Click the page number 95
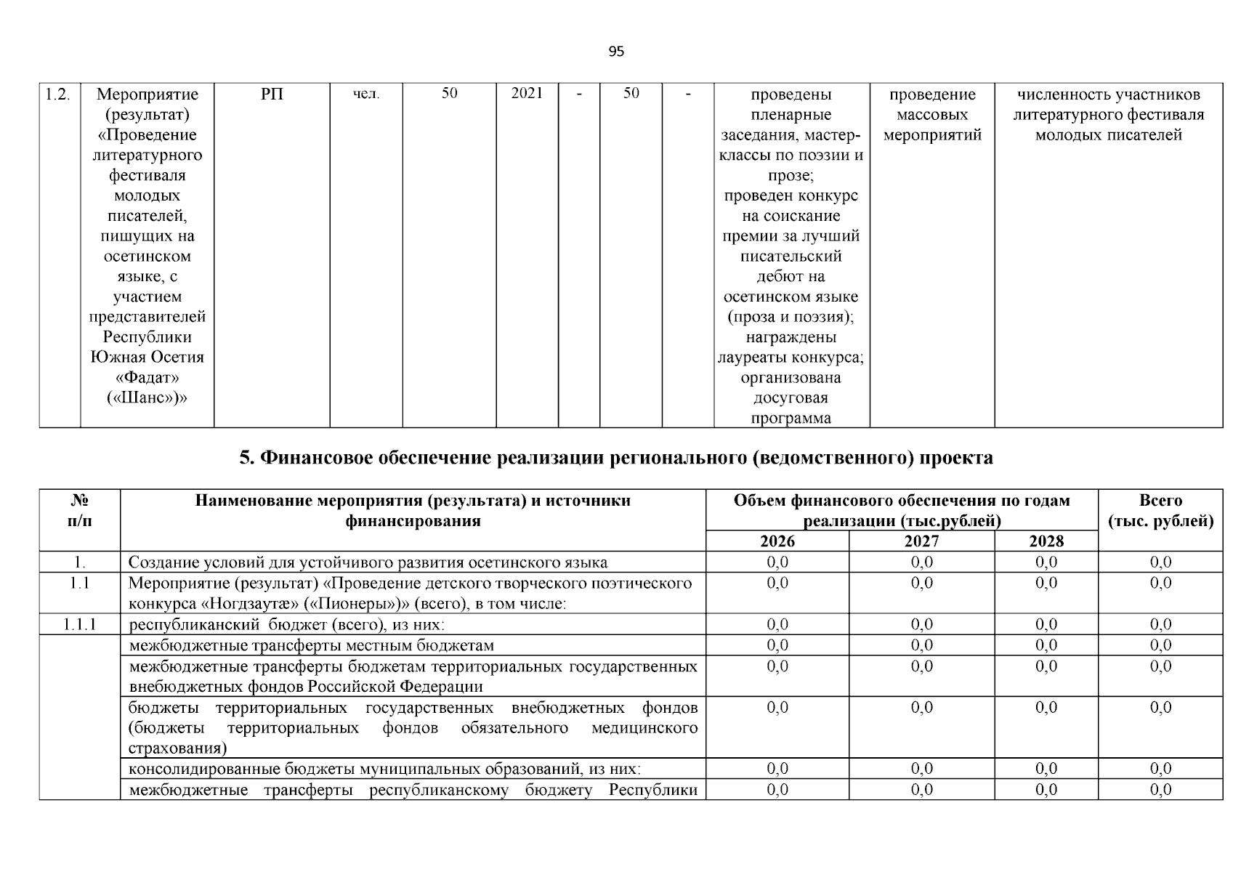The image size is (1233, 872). pyautogui.click(x=615, y=52)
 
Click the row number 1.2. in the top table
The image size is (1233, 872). pyautogui.click(x=58, y=94)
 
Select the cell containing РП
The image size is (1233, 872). pyautogui.click(x=272, y=94)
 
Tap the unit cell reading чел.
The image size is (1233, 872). pyautogui.click(x=366, y=94)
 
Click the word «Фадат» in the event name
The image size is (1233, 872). pyautogui.click(x=147, y=378)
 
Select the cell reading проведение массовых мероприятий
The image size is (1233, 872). pyautogui.click(x=932, y=115)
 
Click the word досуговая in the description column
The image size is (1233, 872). pyautogui.click(x=791, y=398)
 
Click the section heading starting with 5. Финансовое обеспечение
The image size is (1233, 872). pyautogui.click(x=616, y=458)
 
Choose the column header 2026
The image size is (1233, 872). pyautogui.click(x=777, y=541)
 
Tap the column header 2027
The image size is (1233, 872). pyautogui.click(x=921, y=541)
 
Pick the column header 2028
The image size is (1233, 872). pyautogui.click(x=1046, y=541)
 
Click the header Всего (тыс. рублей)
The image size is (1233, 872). pyautogui.click(x=1160, y=511)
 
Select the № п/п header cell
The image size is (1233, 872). pyautogui.click(x=79, y=511)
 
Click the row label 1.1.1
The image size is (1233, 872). pyautogui.click(x=79, y=624)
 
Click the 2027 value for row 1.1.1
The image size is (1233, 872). pyautogui.click(x=921, y=624)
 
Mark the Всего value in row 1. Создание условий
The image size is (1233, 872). pyautogui.click(x=1160, y=562)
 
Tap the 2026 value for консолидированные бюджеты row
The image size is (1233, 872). pyautogui.click(x=777, y=769)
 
